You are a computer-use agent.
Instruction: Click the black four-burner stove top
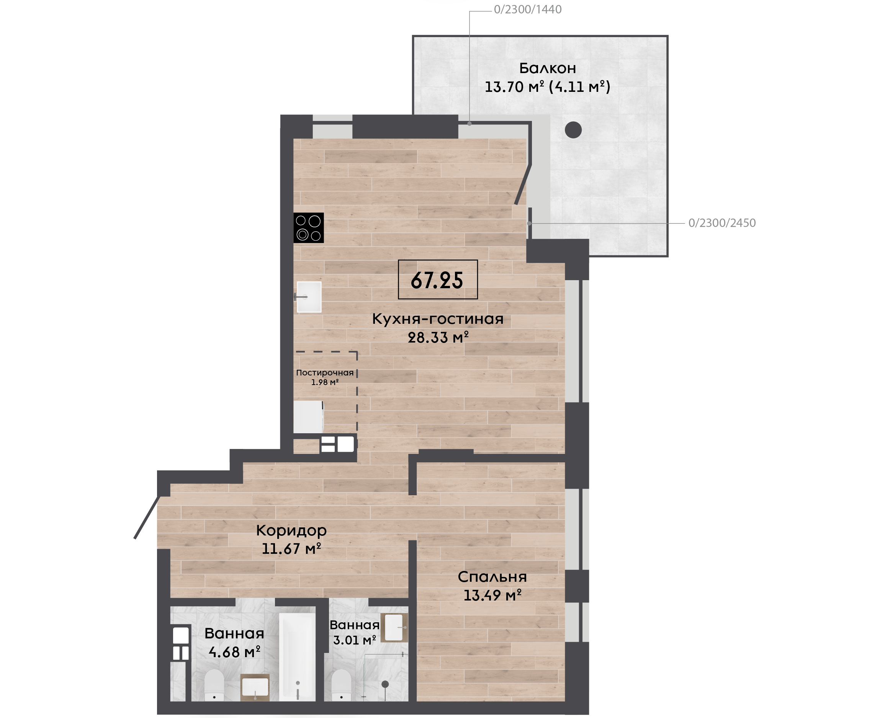[x=309, y=228]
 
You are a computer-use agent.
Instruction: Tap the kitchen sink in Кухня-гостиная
[x=309, y=297]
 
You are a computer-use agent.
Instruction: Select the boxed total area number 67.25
[x=437, y=280]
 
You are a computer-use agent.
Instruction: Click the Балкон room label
[x=547, y=68]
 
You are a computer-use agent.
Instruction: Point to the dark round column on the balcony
[x=573, y=130]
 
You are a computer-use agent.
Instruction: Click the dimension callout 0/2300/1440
[x=528, y=10]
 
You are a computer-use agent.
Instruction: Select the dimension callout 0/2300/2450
[x=722, y=223]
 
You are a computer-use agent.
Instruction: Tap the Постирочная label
[x=325, y=373]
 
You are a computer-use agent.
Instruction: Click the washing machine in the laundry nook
[x=308, y=417]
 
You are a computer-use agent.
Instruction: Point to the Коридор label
[x=291, y=530]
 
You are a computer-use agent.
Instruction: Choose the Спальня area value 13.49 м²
[x=492, y=596]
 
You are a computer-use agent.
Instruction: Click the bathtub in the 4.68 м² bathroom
[x=297, y=657]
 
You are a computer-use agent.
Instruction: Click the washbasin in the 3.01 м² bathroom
[x=394, y=627]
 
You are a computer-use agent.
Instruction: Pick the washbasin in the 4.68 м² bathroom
[x=255, y=687]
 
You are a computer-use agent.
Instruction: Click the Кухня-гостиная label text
[x=438, y=319]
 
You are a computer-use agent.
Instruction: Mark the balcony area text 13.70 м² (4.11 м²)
[x=547, y=87]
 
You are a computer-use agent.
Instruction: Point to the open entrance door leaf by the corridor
[x=146, y=517]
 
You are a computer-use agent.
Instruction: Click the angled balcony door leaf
[x=523, y=184]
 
